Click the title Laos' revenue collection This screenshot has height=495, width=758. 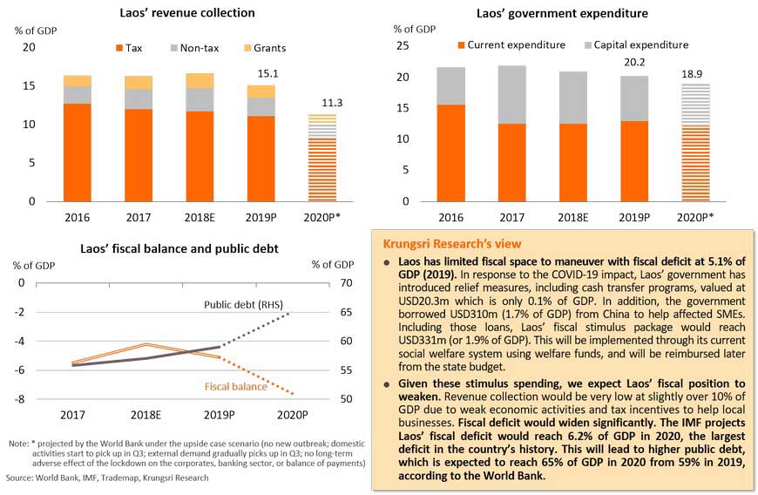point(188,13)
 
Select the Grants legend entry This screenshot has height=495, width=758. point(263,48)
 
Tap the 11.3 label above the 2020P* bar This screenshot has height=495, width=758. point(321,103)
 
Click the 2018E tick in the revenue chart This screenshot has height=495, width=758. point(200,218)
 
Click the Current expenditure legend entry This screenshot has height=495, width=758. point(511,44)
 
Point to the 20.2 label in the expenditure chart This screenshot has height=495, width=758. point(634,64)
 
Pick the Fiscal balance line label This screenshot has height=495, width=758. point(236,386)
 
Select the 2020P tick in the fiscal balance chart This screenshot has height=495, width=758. point(292,416)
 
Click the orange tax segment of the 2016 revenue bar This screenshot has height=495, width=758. point(77,153)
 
